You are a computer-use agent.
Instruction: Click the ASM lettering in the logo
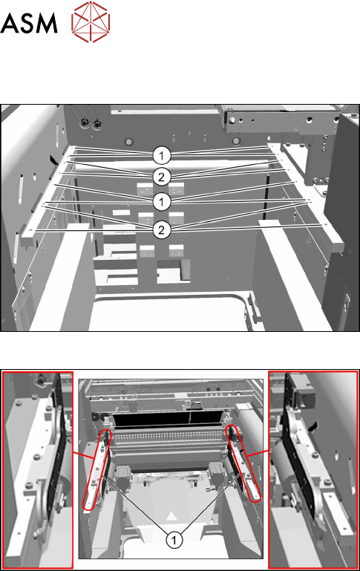[29, 23]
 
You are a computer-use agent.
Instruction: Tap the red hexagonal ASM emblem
[91, 22]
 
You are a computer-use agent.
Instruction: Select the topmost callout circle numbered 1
[161, 156]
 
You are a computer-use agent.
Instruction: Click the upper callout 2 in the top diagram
[161, 177]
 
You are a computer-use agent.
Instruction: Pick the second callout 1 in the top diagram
[161, 201]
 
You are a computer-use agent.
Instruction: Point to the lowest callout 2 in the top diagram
[161, 229]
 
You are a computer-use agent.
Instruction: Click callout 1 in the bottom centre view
[174, 540]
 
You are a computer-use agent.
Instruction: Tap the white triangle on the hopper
[171, 516]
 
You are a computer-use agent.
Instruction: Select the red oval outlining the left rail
[96, 470]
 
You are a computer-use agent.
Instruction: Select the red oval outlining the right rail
[243, 465]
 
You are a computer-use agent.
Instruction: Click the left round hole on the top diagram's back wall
[128, 141]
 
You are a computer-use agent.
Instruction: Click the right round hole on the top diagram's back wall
[236, 141]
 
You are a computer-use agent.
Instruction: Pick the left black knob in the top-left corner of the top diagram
[84, 123]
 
